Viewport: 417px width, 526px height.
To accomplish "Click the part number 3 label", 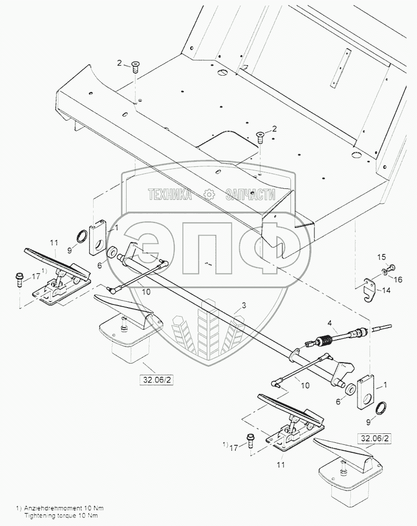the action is tap(244, 305).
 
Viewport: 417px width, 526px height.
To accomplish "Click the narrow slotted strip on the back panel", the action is tap(343, 67).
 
